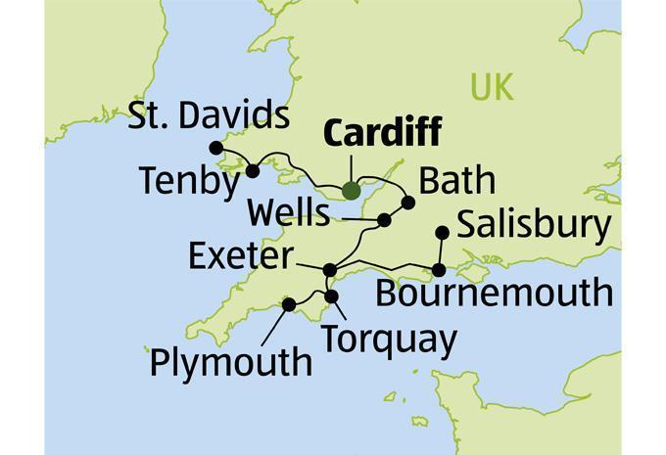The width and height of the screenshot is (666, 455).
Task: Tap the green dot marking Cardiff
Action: click(352, 192)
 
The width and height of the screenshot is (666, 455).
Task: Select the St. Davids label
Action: click(210, 116)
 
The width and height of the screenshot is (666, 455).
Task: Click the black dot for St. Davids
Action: click(216, 148)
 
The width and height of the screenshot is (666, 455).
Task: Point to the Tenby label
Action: click(188, 181)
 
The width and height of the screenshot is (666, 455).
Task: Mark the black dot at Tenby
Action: click(253, 171)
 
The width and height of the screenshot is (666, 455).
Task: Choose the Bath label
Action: click(456, 181)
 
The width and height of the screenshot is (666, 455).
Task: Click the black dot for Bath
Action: click(409, 203)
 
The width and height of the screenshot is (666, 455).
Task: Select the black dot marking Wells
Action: click(385, 220)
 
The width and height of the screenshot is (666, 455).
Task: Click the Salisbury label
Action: click(534, 224)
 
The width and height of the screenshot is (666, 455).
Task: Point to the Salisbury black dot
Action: click(442, 232)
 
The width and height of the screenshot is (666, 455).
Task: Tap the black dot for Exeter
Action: click(330, 269)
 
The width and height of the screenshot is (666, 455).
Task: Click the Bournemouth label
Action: click(494, 293)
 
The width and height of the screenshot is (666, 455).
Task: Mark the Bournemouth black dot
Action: click(440, 269)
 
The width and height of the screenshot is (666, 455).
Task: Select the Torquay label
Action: click(389, 339)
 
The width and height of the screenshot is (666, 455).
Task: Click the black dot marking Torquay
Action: click(331, 296)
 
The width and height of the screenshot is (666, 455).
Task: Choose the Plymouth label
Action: click(230, 362)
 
